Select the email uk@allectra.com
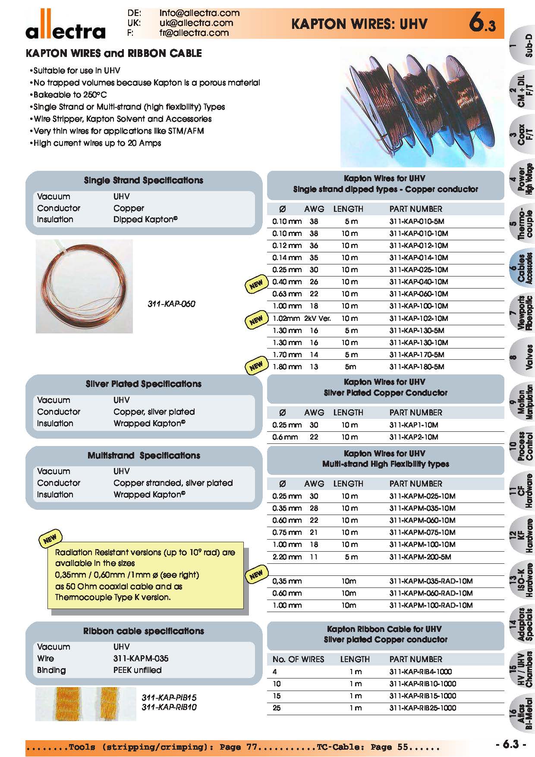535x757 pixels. (196, 23)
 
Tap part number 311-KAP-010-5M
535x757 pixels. (416, 221)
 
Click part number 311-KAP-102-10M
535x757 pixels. (419, 318)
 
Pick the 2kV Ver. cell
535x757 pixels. (318, 318)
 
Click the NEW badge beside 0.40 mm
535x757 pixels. (256, 285)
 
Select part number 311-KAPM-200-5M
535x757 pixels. (420, 557)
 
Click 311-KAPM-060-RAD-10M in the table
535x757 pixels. (431, 593)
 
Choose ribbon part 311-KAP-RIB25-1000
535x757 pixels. (422, 708)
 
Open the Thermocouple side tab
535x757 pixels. (522, 224)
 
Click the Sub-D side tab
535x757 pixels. (522, 46)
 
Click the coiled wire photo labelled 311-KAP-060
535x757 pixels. (84, 286)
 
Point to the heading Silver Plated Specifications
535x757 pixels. (143, 384)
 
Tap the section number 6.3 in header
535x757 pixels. (482, 24)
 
